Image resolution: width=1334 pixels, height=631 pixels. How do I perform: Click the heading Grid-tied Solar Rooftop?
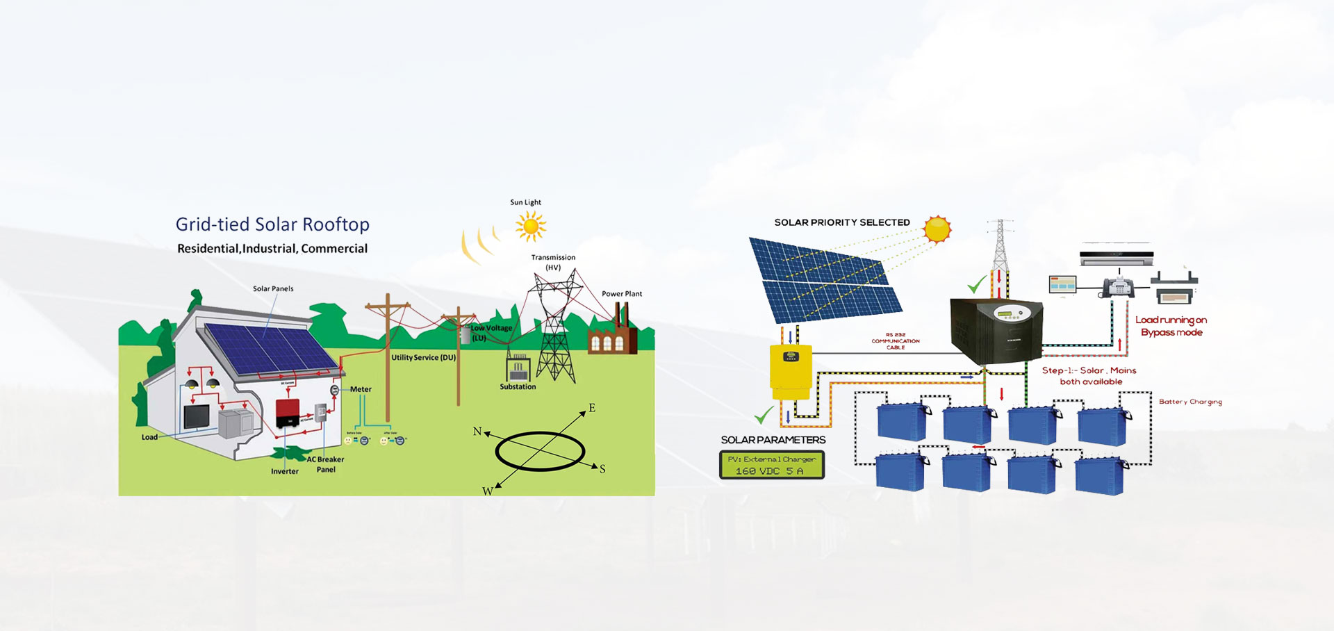pyautogui.click(x=272, y=224)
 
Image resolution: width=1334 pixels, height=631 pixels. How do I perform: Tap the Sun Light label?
pyautogui.click(x=525, y=202)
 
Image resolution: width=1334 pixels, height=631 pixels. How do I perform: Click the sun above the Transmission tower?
pyautogui.click(x=531, y=226)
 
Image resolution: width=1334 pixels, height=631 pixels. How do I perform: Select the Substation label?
pyautogui.click(x=518, y=387)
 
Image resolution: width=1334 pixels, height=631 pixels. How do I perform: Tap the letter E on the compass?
pyautogui.click(x=592, y=408)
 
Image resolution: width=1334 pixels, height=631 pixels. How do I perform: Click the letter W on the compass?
pyautogui.click(x=487, y=491)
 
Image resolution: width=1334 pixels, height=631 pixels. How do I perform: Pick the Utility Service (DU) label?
pyautogui.click(x=423, y=358)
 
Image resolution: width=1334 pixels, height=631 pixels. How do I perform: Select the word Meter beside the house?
pyautogui.click(x=361, y=389)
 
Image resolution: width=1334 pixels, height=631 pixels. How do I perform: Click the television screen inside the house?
pyautogui.click(x=201, y=417)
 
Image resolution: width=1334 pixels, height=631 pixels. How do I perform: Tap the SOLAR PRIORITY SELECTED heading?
pyautogui.click(x=842, y=222)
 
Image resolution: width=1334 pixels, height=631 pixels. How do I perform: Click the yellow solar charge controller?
pyautogui.click(x=791, y=372)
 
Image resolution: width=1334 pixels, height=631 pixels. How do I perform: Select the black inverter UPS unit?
pyautogui.click(x=996, y=330)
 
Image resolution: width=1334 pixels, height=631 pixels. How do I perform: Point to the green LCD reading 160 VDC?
pyautogui.click(x=772, y=465)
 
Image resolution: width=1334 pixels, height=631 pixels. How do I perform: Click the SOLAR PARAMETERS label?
pyautogui.click(x=773, y=440)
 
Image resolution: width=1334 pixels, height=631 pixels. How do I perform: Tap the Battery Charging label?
pyautogui.click(x=1190, y=402)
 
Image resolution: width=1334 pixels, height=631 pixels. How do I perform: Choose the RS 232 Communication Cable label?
pyautogui.click(x=896, y=341)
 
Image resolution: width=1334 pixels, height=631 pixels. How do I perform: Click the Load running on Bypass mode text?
pyautogui.click(x=1171, y=326)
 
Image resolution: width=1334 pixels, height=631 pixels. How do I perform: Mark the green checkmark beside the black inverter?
pyautogui.click(x=978, y=285)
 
